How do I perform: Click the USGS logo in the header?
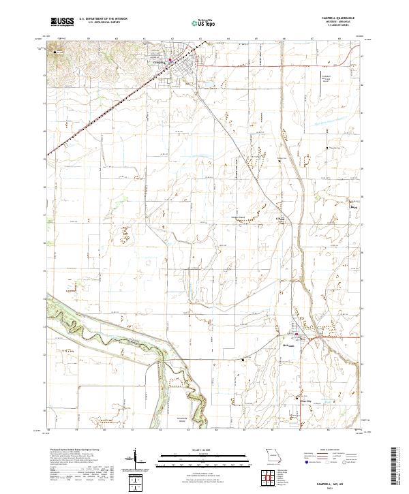coord(62,22)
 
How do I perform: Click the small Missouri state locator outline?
coord(274,456)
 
